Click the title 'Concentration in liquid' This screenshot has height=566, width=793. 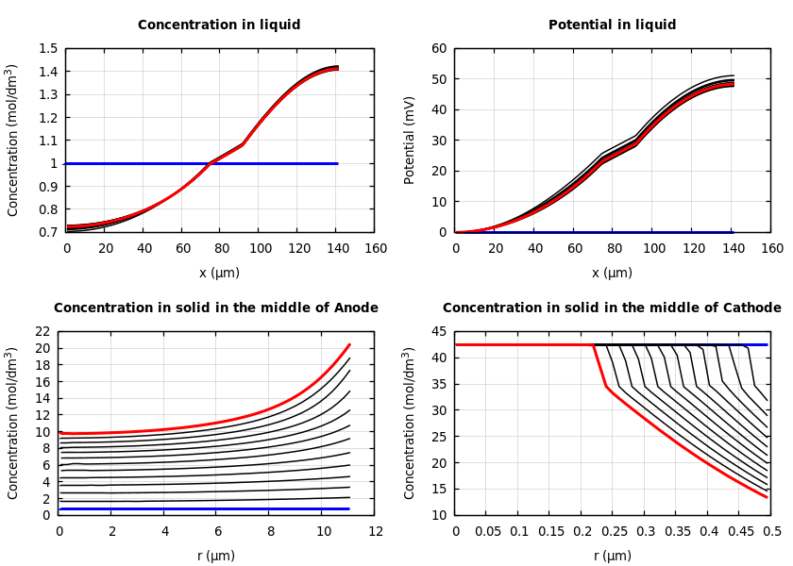pos(219,25)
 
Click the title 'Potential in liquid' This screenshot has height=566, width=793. pos(613,25)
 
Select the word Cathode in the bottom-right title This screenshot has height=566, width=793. pos(751,308)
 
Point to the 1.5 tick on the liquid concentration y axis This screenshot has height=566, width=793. pos(47,49)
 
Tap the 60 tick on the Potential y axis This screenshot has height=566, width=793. pos(438,49)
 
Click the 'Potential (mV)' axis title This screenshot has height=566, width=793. pos(410,140)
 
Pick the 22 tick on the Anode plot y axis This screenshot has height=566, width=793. pos(42,332)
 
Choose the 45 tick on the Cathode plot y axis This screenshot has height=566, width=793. pos(438,332)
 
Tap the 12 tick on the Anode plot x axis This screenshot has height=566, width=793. pos(375,532)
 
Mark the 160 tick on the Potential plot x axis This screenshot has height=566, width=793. pos(771,248)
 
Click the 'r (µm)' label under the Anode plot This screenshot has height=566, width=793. pos(216,556)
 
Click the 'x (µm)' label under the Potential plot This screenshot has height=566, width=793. pos(613,273)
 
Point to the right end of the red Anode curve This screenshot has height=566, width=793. pos(349,344)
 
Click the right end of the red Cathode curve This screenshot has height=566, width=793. pos(767,497)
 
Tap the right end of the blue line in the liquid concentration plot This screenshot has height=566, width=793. pos(338,163)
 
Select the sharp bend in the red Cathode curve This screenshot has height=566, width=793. pos(605,385)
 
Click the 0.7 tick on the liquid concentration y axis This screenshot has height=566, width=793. pos(47,232)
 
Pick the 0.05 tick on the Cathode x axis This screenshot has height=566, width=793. pos(487,532)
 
